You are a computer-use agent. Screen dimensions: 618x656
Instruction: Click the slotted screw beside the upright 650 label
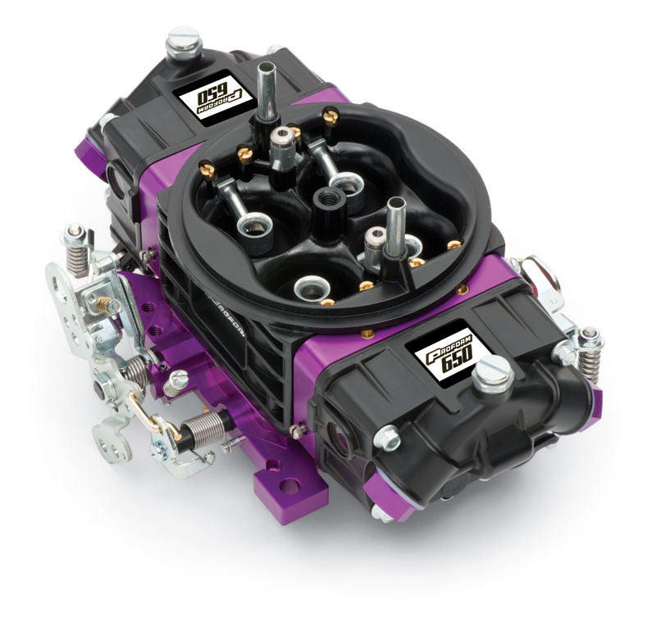click(x=492, y=375)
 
